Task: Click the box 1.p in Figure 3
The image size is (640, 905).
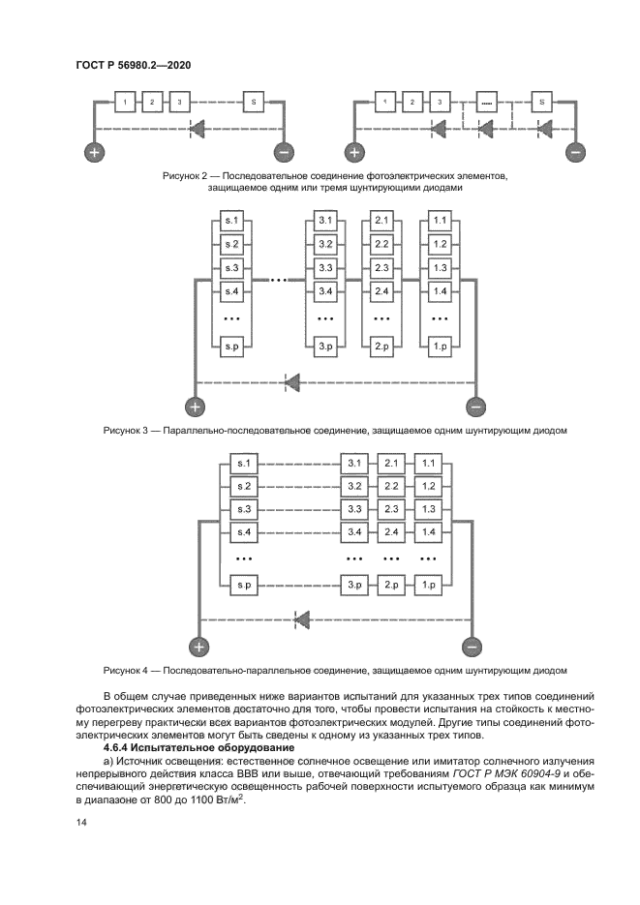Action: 440,346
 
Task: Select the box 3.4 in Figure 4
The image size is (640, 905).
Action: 354,532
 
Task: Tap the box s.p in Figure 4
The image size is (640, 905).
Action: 244,586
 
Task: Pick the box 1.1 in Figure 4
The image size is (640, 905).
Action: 430,464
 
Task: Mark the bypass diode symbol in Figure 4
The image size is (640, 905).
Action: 303,619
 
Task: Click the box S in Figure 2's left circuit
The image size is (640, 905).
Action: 254,102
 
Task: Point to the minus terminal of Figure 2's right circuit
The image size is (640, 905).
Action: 576,153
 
